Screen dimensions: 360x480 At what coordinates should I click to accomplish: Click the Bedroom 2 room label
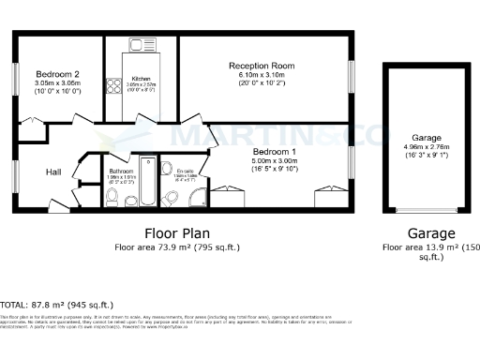[x=57, y=74]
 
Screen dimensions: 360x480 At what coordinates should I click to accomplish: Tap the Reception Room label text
[x=262, y=66]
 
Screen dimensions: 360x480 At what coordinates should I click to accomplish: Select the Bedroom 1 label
[x=274, y=151]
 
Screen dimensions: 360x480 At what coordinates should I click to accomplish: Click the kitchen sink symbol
[x=138, y=44]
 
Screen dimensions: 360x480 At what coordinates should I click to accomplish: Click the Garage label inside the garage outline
[x=413, y=137]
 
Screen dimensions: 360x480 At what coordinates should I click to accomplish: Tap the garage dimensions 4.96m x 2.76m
[x=413, y=147]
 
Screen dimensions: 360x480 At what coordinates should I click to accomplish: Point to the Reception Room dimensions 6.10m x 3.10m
[x=262, y=76]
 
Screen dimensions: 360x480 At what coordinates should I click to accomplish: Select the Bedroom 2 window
[x=14, y=76]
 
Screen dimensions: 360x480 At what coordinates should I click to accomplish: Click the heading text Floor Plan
[x=176, y=232]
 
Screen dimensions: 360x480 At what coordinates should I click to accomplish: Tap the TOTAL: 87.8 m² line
[x=57, y=305]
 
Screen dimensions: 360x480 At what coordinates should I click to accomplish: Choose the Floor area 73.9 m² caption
[x=177, y=247]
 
